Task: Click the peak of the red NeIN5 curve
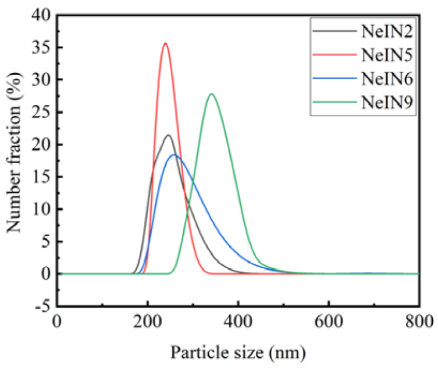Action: pos(165,43)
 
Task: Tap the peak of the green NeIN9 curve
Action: pos(211,94)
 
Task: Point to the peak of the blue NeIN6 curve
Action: pos(174,154)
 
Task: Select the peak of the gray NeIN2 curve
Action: pos(169,135)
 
